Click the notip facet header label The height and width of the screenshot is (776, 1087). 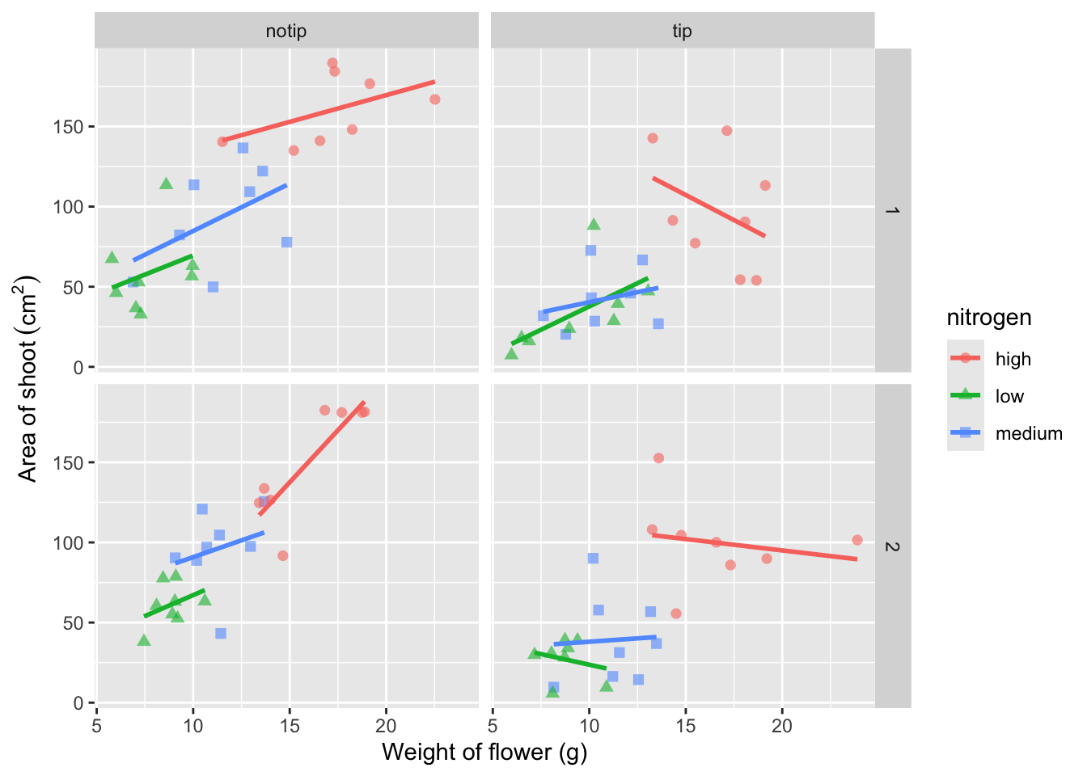286,32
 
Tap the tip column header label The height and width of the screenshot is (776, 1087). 682,32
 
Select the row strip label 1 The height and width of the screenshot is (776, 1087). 892,210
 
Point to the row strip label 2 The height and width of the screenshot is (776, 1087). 892,546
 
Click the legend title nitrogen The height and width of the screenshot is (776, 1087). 989,318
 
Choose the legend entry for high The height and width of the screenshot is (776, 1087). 1013,359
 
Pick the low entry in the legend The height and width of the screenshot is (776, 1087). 1009,396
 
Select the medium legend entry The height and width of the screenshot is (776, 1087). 1028,433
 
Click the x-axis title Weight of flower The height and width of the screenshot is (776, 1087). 484,752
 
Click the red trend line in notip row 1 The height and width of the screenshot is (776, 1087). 328,111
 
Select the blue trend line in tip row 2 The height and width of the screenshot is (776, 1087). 605,641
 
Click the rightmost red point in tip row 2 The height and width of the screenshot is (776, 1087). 857,540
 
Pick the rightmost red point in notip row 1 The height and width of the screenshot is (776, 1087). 435,99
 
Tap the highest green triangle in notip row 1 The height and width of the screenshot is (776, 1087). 167,184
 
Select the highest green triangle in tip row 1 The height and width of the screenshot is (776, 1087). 594,225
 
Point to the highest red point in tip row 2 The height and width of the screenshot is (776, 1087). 658,458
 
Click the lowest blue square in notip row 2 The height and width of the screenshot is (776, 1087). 221,634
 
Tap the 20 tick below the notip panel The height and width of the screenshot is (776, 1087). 386,725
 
